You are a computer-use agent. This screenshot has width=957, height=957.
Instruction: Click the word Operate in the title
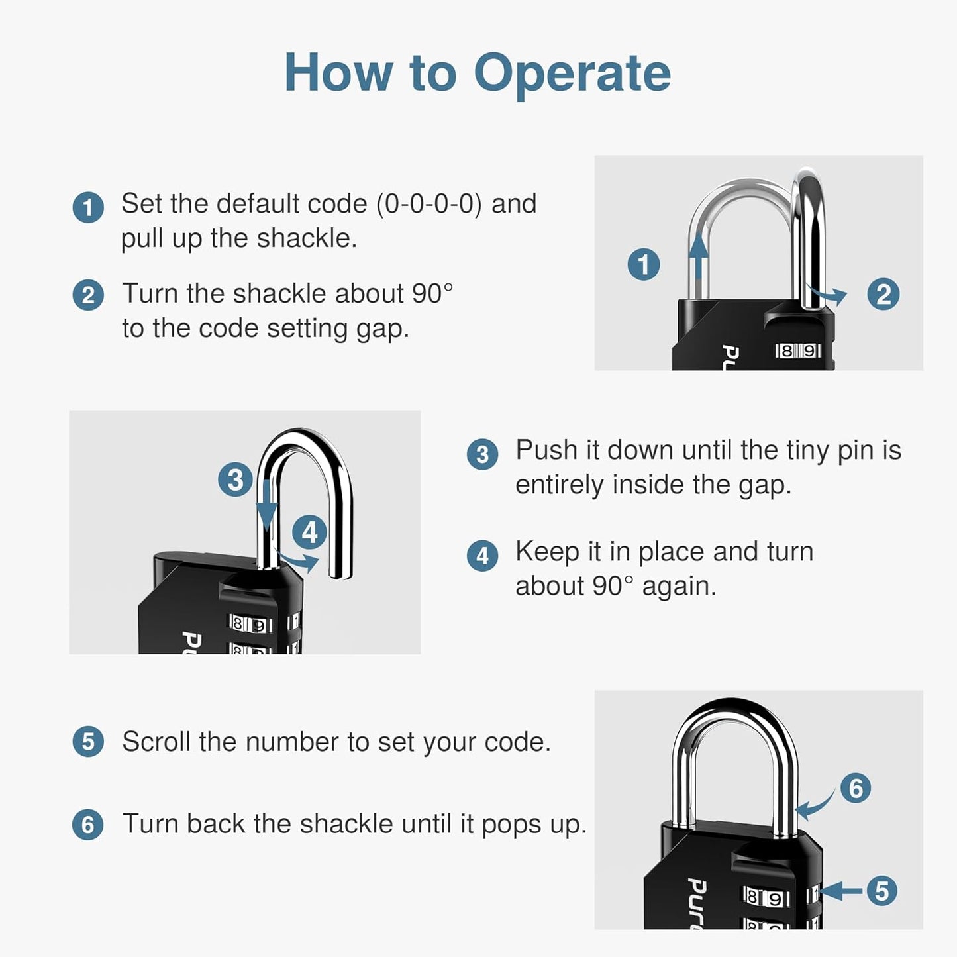[572, 73]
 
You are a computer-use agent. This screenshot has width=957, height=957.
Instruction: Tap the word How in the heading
[338, 73]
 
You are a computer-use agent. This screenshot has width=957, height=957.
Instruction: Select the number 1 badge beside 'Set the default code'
[88, 207]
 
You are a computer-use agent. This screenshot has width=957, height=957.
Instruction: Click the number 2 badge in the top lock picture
[883, 294]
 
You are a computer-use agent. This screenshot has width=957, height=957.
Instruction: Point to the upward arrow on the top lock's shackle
[698, 258]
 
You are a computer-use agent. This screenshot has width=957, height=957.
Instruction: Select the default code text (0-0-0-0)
[429, 204]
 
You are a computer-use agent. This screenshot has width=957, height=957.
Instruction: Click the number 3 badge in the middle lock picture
[235, 479]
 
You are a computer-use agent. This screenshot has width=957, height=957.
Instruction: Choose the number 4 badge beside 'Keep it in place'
[482, 555]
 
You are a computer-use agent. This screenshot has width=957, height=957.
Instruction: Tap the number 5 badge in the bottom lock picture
[881, 891]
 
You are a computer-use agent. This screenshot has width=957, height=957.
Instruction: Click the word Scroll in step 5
[156, 742]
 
